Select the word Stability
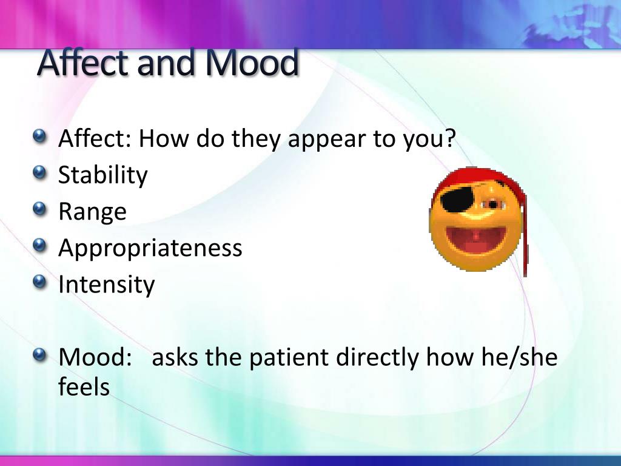coord(102,175)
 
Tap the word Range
coord(92,211)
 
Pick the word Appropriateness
coord(150,248)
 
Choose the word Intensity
coord(106,284)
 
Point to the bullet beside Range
coord(39,209)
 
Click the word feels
coord(84,387)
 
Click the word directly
coord(378,357)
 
